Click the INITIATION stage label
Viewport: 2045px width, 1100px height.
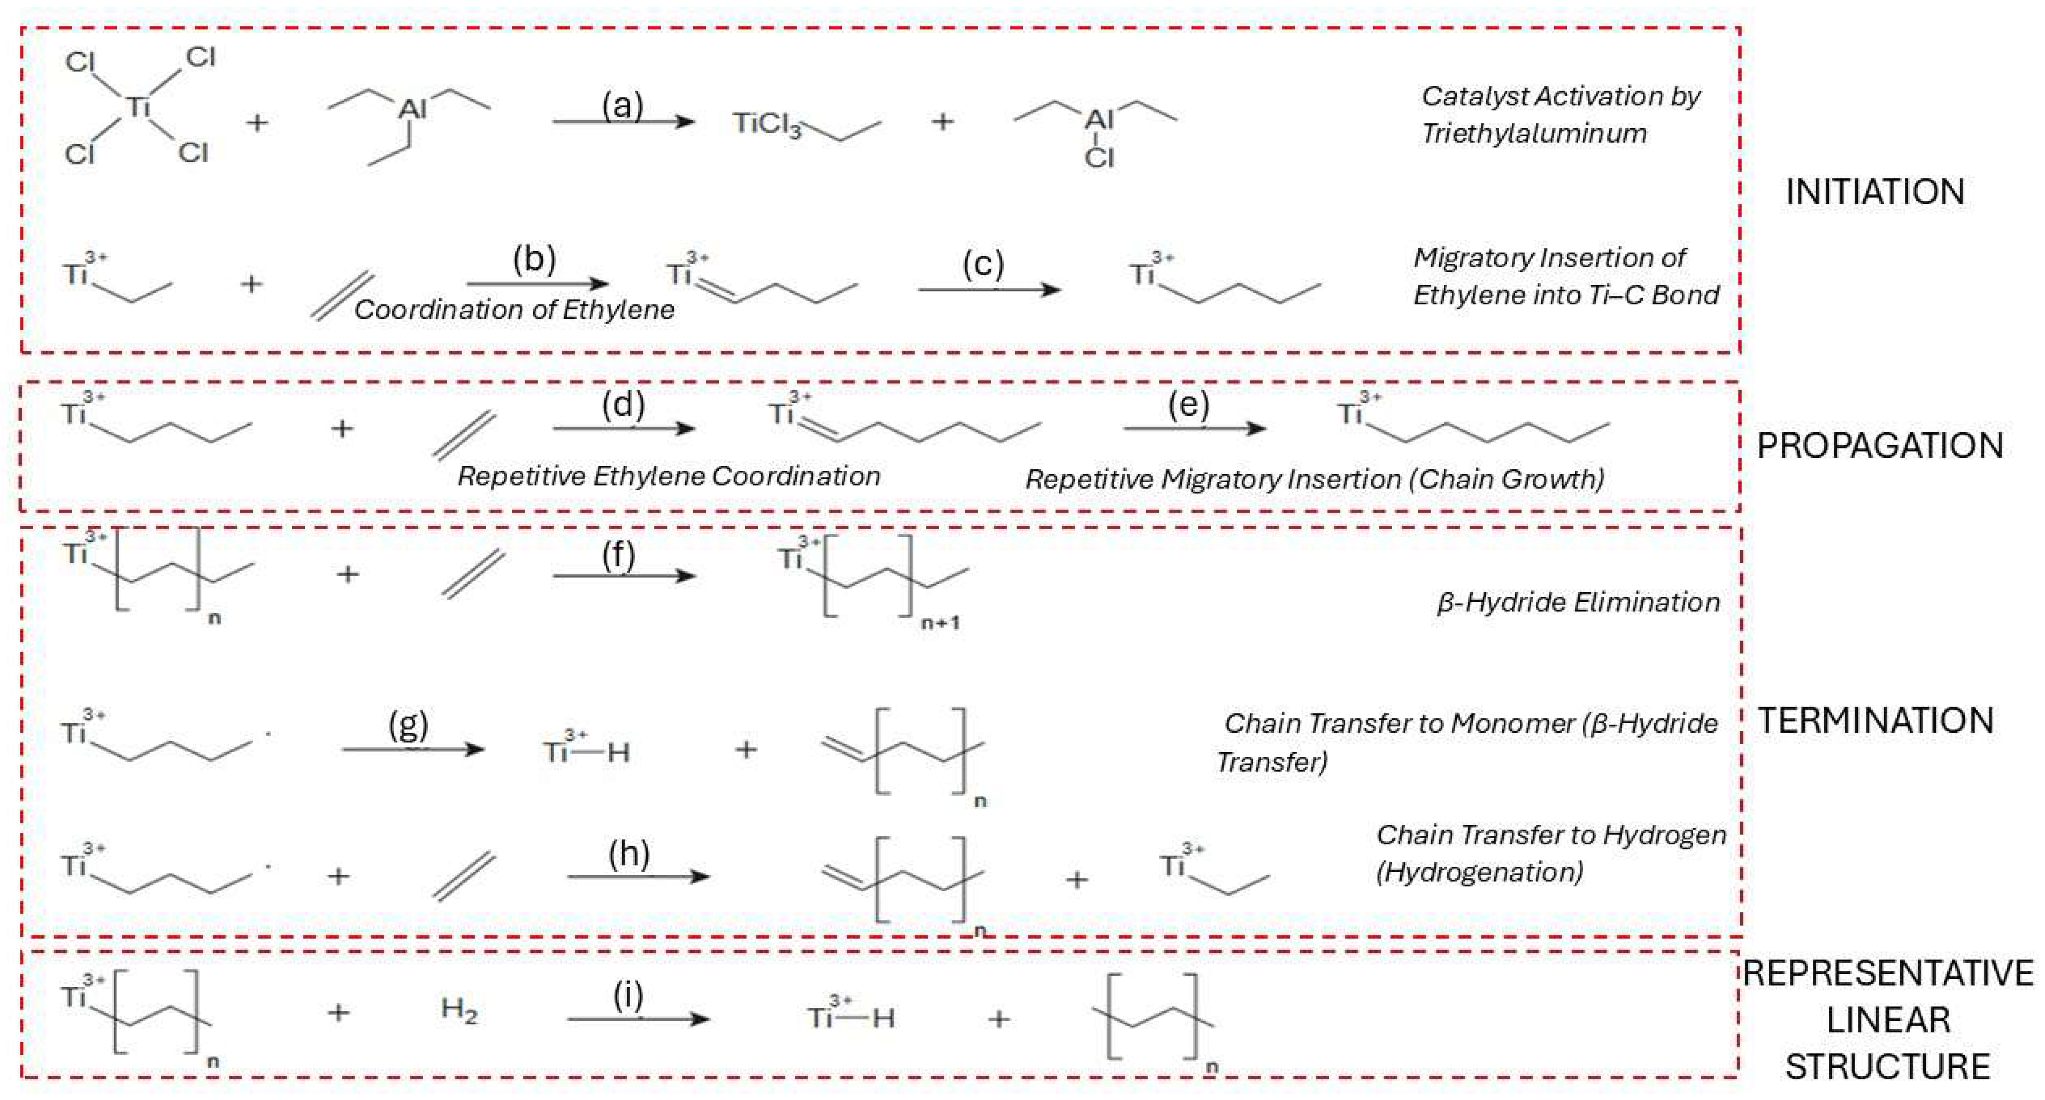point(1875,192)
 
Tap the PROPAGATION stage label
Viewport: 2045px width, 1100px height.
point(1879,446)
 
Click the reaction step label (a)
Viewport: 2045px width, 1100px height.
point(622,104)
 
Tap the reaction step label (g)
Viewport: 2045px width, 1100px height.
point(408,724)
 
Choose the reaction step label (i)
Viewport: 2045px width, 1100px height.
point(628,995)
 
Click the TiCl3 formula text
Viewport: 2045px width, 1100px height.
point(767,125)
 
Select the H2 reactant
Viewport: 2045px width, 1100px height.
point(459,1011)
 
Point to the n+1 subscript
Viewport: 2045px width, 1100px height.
point(940,623)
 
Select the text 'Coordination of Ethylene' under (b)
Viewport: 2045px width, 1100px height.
point(514,309)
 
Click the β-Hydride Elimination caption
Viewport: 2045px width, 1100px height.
point(1578,602)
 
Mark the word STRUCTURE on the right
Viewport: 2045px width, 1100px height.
point(1887,1067)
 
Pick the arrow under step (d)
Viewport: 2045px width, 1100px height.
point(624,429)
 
